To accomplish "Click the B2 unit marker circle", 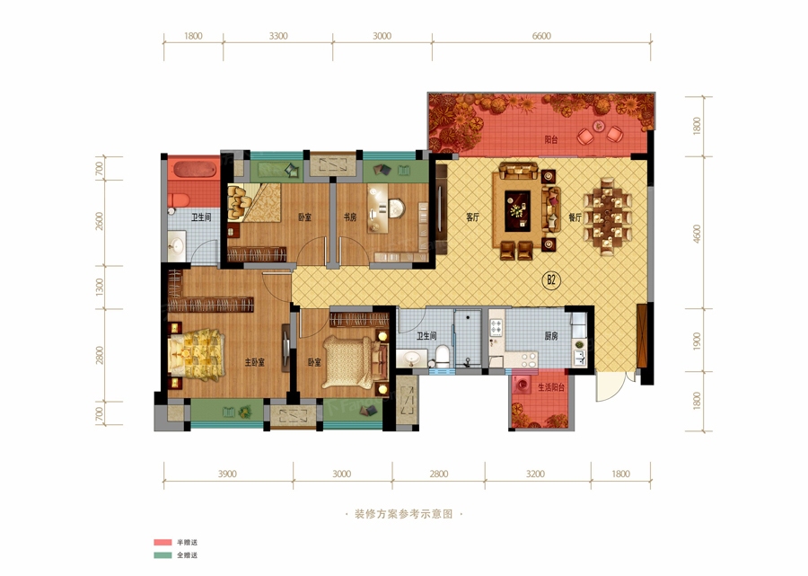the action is pyautogui.click(x=551, y=280).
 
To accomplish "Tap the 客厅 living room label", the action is pyautogui.click(x=472, y=217).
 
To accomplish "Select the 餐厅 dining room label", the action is pyautogui.click(x=575, y=217).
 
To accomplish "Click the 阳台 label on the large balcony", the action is pyautogui.click(x=551, y=140).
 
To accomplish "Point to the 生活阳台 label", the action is pyautogui.click(x=551, y=387).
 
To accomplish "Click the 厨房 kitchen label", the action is pyautogui.click(x=551, y=336).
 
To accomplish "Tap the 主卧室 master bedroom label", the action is pyautogui.click(x=255, y=362).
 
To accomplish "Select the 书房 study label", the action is pyautogui.click(x=350, y=217).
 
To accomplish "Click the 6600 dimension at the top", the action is pyautogui.click(x=541, y=36).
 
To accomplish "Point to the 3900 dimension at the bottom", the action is pyautogui.click(x=227, y=474).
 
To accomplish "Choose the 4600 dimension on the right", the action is pyautogui.click(x=698, y=234).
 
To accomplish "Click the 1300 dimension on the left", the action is pyautogui.click(x=100, y=287).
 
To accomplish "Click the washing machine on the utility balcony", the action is pyautogui.click(x=522, y=385).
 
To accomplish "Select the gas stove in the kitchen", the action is pyautogui.click(x=496, y=327).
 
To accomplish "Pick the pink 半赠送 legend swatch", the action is pyautogui.click(x=162, y=543).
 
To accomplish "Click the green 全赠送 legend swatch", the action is pyautogui.click(x=162, y=555).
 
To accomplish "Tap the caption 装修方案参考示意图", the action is pyautogui.click(x=403, y=514).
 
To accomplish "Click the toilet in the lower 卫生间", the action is pyautogui.click(x=442, y=355).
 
